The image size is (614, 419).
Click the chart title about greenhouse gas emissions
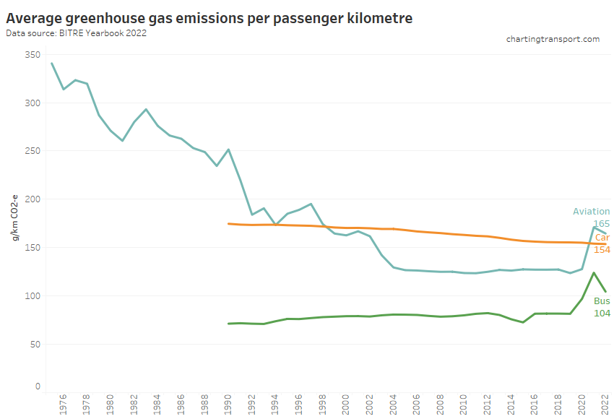[x=209, y=18]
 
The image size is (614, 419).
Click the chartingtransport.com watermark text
[x=553, y=39]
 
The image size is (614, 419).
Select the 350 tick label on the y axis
[x=31, y=55]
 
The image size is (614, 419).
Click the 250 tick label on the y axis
[x=31, y=151]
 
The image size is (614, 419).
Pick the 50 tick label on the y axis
[x=33, y=344]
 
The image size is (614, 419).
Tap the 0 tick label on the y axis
[x=36, y=386]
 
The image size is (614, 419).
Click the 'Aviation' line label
[x=591, y=212]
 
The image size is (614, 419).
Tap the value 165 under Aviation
[x=602, y=225]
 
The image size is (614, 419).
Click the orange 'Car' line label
[x=602, y=237]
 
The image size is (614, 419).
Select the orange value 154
[x=602, y=249]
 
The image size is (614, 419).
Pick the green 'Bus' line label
[x=602, y=301]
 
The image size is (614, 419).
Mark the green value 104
[x=602, y=313]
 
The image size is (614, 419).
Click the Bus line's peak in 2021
[x=593, y=273]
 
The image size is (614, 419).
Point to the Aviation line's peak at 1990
[x=228, y=150]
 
